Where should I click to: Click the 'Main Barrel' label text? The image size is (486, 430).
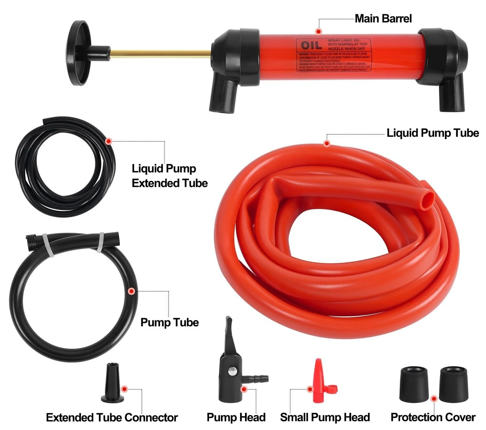383,18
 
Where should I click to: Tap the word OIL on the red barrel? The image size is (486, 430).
311,46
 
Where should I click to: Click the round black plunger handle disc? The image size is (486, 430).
77,53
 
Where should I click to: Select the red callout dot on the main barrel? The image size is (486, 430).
318,31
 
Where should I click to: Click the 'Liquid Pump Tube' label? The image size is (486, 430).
433,133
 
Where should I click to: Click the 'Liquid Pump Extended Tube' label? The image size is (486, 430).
169,176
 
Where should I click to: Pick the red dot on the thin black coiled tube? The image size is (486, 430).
109,141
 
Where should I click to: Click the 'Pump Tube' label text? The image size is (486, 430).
169,322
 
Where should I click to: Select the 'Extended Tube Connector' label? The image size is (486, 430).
112,417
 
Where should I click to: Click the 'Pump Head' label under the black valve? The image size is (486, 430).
236,417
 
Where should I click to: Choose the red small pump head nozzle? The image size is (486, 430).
318,382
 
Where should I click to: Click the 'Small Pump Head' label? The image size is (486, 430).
325,417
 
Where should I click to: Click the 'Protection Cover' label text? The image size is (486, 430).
433,417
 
